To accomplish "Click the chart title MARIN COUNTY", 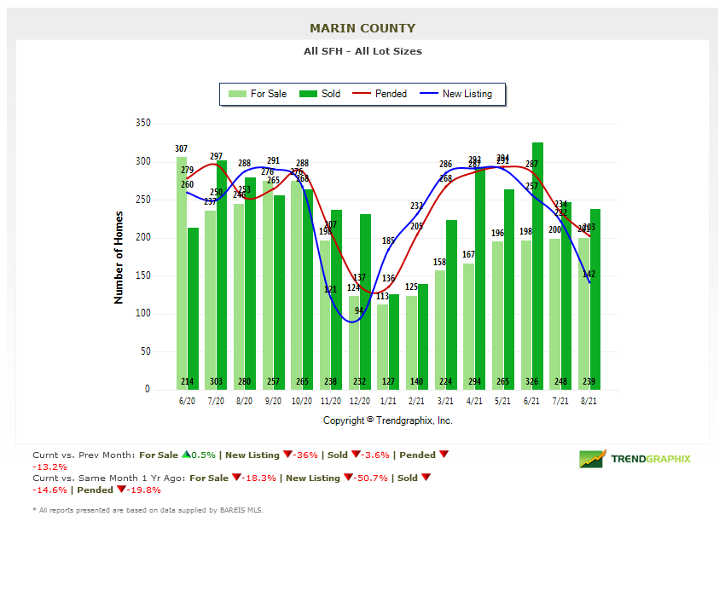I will (362, 28).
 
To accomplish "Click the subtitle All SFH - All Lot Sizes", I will (362, 51).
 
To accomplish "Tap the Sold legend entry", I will (321, 94).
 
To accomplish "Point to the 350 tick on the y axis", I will (142, 124).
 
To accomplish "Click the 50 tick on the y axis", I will (145, 351).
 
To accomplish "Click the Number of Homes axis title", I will (119, 258).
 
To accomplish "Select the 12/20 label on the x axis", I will (360, 400).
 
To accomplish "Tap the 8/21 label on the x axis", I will (589, 400).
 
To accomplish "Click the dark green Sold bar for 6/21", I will (537, 256).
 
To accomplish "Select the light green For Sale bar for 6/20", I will (182, 273).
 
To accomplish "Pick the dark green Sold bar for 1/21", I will (393, 341).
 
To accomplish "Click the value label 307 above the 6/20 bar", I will (182, 149).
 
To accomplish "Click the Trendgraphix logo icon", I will (592, 459).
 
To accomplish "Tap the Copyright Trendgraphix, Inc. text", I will (388, 420).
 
